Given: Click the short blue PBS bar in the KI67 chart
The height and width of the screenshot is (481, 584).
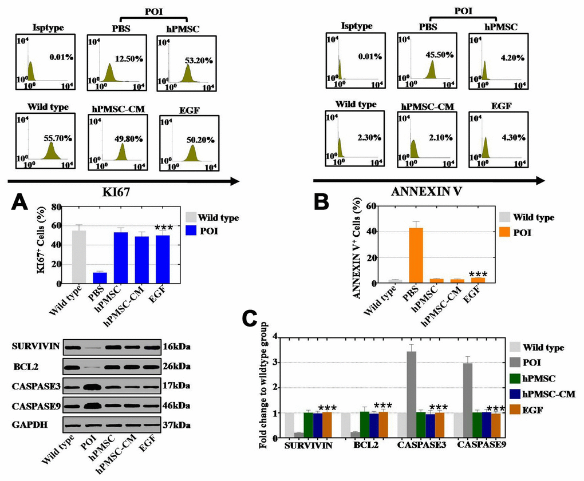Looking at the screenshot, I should coord(100,277).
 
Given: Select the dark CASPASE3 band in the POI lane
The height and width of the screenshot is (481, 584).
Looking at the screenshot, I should coord(92,385).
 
